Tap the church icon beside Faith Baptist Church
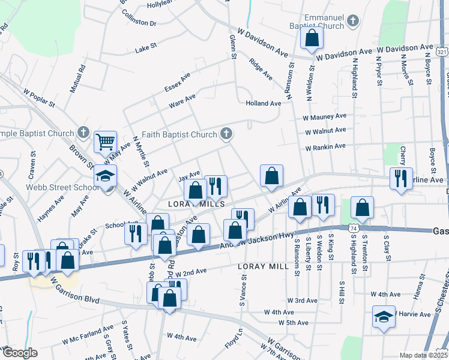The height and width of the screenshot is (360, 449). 226,133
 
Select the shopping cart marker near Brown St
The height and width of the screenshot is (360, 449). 106,142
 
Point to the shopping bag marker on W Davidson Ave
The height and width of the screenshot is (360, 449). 312,38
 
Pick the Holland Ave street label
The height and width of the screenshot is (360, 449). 263,103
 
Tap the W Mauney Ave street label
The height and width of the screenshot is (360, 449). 325,116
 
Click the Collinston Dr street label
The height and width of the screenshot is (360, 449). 139,23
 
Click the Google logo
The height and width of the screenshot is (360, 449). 19,353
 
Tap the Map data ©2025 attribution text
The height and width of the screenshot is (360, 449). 423,355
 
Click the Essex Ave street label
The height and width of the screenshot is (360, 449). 178,84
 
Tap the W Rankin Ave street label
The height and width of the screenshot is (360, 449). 325,146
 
